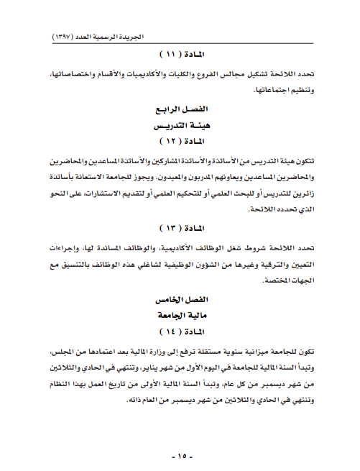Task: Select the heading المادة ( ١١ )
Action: (180, 55)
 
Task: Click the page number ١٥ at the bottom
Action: (180, 456)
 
